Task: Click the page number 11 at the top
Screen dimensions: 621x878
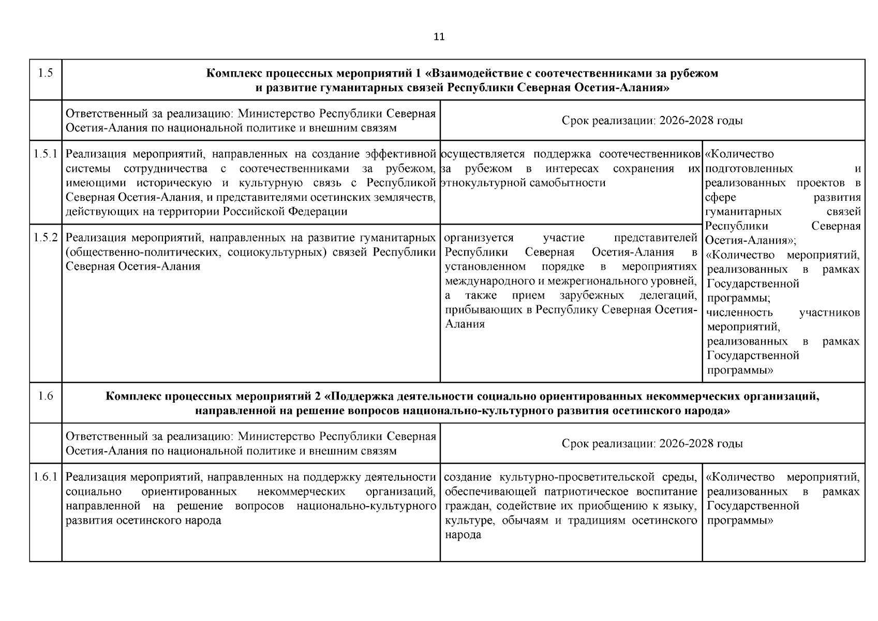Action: pos(439,37)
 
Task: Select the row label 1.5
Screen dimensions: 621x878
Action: pos(46,73)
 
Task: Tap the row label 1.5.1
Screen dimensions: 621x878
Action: pos(46,154)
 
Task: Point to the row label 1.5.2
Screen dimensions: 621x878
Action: pos(46,238)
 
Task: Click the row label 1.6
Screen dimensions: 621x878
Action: pos(46,396)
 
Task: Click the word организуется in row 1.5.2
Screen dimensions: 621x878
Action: pos(479,238)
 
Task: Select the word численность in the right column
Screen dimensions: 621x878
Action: pos(739,313)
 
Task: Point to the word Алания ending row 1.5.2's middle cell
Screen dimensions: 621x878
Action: pos(465,324)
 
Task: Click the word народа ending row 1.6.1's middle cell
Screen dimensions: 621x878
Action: pos(463,535)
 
